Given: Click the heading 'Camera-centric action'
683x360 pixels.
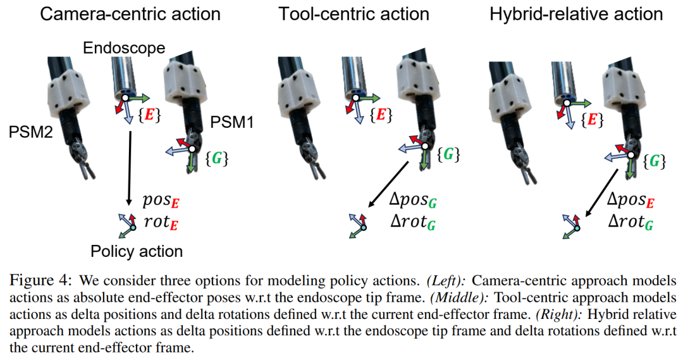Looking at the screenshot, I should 130,15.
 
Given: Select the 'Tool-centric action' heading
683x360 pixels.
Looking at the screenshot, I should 354,15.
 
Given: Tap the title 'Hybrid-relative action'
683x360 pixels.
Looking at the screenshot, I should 575,15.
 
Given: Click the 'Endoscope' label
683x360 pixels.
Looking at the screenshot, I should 124,47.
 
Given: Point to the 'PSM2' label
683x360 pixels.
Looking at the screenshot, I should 32,132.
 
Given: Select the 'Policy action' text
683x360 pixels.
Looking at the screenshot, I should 136,251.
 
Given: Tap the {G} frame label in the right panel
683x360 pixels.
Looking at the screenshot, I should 655,161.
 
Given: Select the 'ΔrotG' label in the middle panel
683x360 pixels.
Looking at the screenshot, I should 412,222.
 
